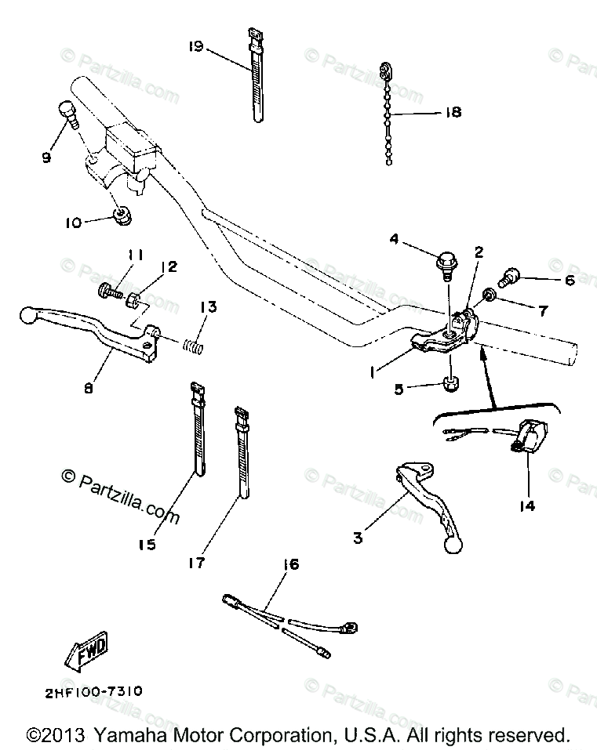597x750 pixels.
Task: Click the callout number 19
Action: [x=195, y=47]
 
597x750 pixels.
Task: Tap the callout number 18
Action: [x=453, y=112]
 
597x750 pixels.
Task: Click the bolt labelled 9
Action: [x=67, y=115]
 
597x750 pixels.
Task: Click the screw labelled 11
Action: [x=110, y=292]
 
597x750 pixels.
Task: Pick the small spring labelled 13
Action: [x=194, y=342]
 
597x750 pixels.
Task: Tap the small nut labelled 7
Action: [x=488, y=295]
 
